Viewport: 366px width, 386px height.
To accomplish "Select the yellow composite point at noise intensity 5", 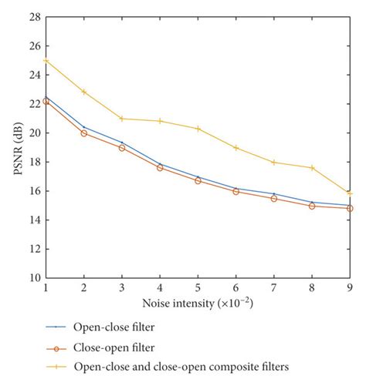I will (198, 128).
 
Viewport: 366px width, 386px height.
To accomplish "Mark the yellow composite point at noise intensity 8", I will (313, 167).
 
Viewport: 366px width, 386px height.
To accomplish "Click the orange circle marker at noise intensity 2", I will (83, 133).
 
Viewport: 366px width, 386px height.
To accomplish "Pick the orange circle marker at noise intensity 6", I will (236, 191).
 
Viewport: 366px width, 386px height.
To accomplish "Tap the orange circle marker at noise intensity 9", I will (351, 208).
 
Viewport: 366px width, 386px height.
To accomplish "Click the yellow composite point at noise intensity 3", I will (121, 119).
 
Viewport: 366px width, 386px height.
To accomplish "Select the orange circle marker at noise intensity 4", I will (160, 167).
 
